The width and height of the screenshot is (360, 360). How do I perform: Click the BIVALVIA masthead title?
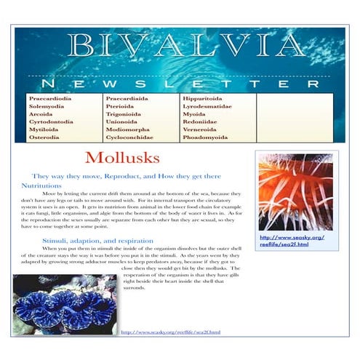click(x=179, y=48)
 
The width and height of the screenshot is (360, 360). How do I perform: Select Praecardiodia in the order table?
click(x=50, y=98)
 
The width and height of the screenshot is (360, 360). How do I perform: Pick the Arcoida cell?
click(x=41, y=113)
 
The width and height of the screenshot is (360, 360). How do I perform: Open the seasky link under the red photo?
click(x=292, y=241)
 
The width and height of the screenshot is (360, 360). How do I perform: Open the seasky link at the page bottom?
click(x=170, y=332)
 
